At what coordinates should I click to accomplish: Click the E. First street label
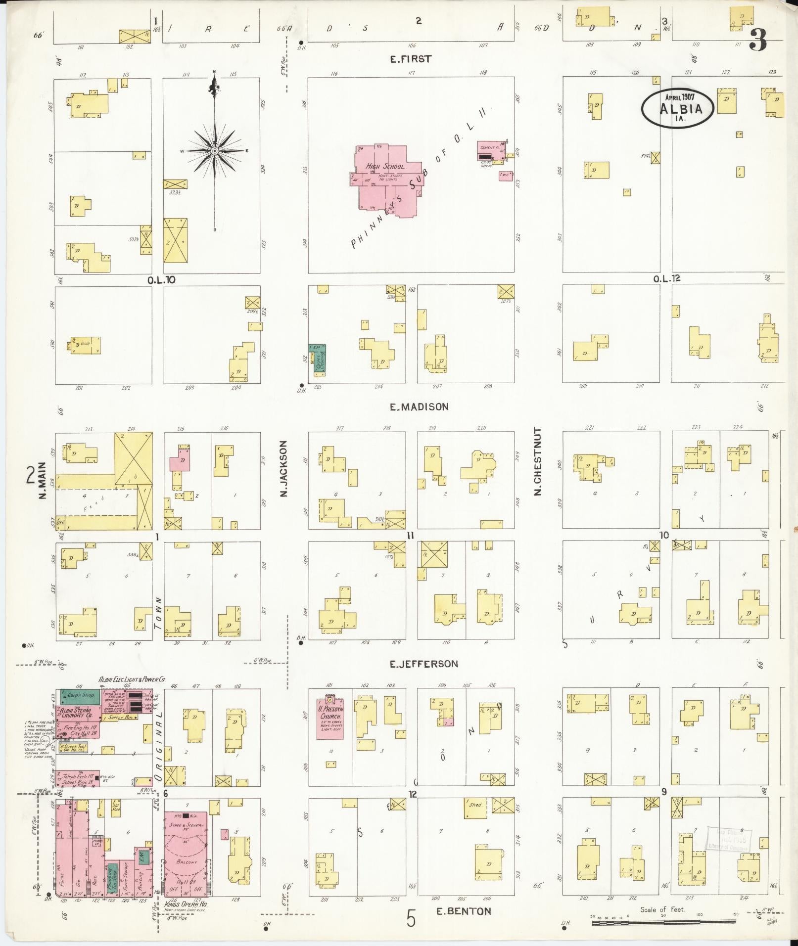pyautogui.click(x=410, y=59)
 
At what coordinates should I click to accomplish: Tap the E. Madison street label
pyautogui.click(x=419, y=407)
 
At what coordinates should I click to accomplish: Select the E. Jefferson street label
pyautogui.click(x=423, y=664)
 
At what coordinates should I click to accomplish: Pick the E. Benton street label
pyautogui.click(x=464, y=911)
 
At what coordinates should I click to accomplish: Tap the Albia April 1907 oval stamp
pyautogui.click(x=678, y=106)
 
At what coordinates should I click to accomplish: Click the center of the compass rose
pyautogui.click(x=215, y=150)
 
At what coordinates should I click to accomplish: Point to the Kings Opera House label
pyautogui.click(x=187, y=904)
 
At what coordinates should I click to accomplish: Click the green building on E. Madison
pyautogui.click(x=317, y=358)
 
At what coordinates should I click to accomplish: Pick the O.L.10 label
pyautogui.click(x=161, y=280)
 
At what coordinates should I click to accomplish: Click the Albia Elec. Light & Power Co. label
pyautogui.click(x=132, y=680)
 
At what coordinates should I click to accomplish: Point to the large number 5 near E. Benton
pyautogui.click(x=411, y=918)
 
